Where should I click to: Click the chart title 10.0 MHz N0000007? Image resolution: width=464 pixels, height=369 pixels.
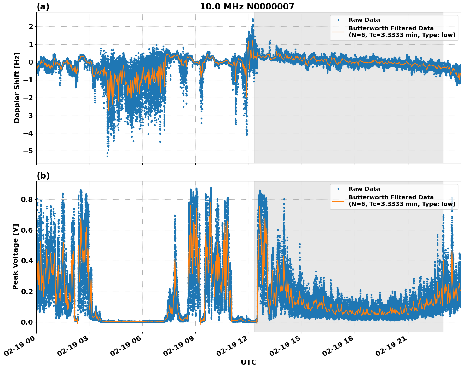247,7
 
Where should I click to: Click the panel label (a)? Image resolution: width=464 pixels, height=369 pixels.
43,7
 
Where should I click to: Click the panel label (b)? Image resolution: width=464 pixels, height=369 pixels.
43,176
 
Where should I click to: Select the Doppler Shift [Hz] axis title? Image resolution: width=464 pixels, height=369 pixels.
17,88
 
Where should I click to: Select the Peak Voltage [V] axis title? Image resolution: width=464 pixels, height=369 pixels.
15,257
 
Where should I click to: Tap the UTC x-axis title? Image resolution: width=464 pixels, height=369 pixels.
248,362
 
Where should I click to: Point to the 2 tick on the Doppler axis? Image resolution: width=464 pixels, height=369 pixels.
31,27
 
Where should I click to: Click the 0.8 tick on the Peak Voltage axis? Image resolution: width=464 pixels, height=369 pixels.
27,199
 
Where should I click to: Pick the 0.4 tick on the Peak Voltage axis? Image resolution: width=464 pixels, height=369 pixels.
27,261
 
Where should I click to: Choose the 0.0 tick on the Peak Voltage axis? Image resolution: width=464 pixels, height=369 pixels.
27,322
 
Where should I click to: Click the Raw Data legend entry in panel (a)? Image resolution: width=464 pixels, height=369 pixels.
364,20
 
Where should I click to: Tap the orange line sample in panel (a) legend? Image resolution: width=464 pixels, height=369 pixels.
338,31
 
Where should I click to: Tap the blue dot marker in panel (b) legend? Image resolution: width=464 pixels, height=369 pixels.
338,189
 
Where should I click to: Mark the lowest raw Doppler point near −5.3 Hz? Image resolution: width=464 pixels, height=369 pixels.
107,156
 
